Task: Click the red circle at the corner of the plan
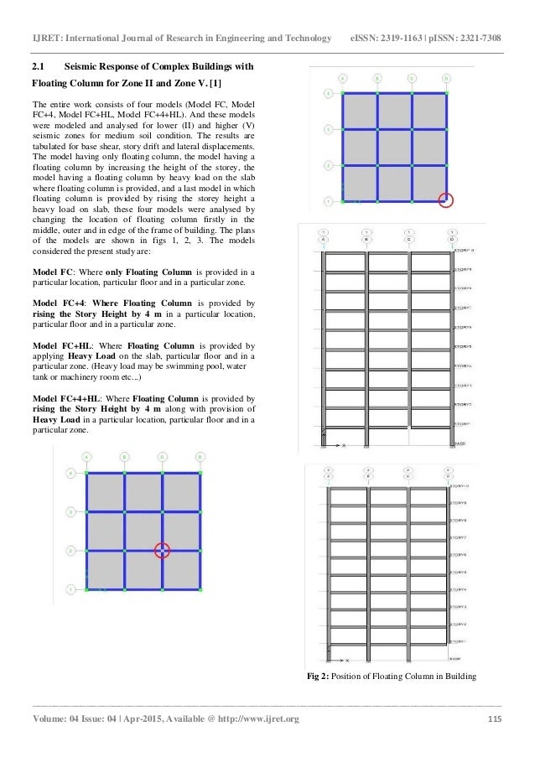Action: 446,200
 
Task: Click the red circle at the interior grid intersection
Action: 163,550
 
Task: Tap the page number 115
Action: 496,718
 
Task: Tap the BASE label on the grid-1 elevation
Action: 459,442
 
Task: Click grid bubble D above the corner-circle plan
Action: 446,79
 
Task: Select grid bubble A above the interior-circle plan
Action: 86,458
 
